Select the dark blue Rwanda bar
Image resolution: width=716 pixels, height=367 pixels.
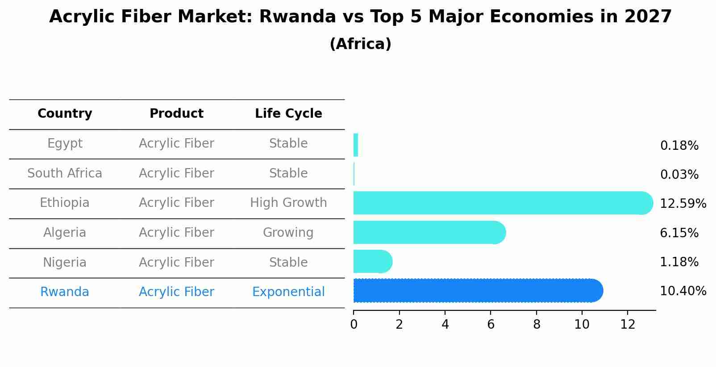pos(478,290)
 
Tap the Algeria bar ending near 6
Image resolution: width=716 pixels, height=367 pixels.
pos(429,232)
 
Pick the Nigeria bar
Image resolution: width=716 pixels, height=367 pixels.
pos(372,261)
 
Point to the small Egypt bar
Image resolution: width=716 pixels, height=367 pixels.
pos(356,145)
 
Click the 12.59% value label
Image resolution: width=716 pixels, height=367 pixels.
pos(683,204)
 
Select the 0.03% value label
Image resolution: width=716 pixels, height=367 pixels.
pos(679,175)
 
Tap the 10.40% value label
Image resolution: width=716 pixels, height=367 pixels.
pos(683,291)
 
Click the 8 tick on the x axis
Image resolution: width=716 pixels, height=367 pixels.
pos(537,325)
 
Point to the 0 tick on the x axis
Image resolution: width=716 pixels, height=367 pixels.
pos(354,325)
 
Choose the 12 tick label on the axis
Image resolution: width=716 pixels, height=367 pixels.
pos(628,325)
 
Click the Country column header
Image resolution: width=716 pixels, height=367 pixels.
pos(65,114)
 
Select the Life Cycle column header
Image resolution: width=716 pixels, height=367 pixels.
pos(288,114)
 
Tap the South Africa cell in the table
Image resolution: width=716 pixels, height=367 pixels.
pos(65,173)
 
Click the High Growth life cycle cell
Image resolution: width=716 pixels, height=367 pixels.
pos(288,203)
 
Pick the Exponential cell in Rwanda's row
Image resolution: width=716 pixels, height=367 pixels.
pos(288,292)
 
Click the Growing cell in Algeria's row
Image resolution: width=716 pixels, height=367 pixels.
pos(288,233)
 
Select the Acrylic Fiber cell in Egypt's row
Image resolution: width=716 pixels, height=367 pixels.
pos(176,144)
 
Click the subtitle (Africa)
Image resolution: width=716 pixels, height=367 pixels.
pos(360,44)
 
